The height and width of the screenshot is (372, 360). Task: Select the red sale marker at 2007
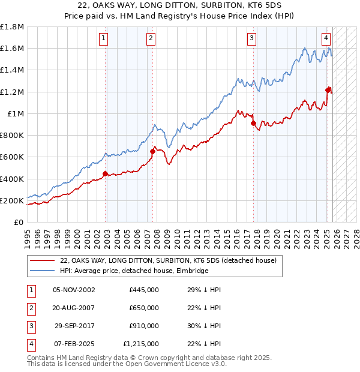coord(152,151)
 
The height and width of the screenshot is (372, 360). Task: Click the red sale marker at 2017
coord(253,123)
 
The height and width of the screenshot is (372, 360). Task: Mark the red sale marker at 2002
coord(105,174)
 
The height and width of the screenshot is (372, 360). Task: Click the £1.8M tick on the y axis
coord(12,27)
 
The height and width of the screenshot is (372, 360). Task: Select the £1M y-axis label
coord(16,113)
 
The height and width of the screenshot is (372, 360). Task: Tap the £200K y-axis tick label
coord(12,200)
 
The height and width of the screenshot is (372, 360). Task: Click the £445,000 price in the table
coord(144,290)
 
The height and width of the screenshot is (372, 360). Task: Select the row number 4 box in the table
coord(31,344)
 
